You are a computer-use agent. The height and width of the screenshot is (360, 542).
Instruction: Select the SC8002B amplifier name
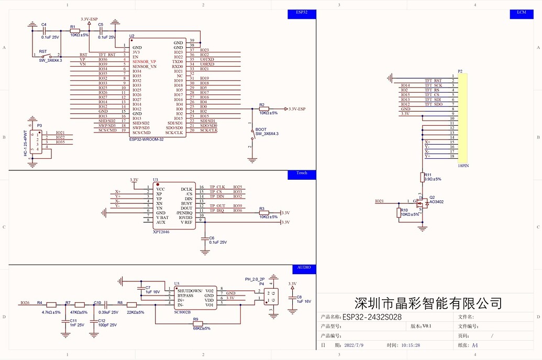tap(183, 312)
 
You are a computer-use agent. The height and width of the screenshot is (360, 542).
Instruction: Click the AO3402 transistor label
tap(436, 202)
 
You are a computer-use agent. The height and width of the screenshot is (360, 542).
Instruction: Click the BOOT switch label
tap(261, 129)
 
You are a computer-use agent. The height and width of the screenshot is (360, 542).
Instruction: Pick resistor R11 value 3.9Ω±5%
tap(433, 179)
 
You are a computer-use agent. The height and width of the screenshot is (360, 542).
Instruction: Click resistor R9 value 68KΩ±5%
tap(202, 329)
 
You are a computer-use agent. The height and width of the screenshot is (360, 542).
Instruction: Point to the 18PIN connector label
tap(463, 165)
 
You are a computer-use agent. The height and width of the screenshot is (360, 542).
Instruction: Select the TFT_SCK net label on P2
tap(433, 85)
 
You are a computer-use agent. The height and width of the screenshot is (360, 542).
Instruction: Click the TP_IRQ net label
tap(217, 211)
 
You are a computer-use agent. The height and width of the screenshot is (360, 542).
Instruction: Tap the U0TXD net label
tap(207, 60)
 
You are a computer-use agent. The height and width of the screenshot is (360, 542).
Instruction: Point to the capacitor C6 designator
tap(212, 237)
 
